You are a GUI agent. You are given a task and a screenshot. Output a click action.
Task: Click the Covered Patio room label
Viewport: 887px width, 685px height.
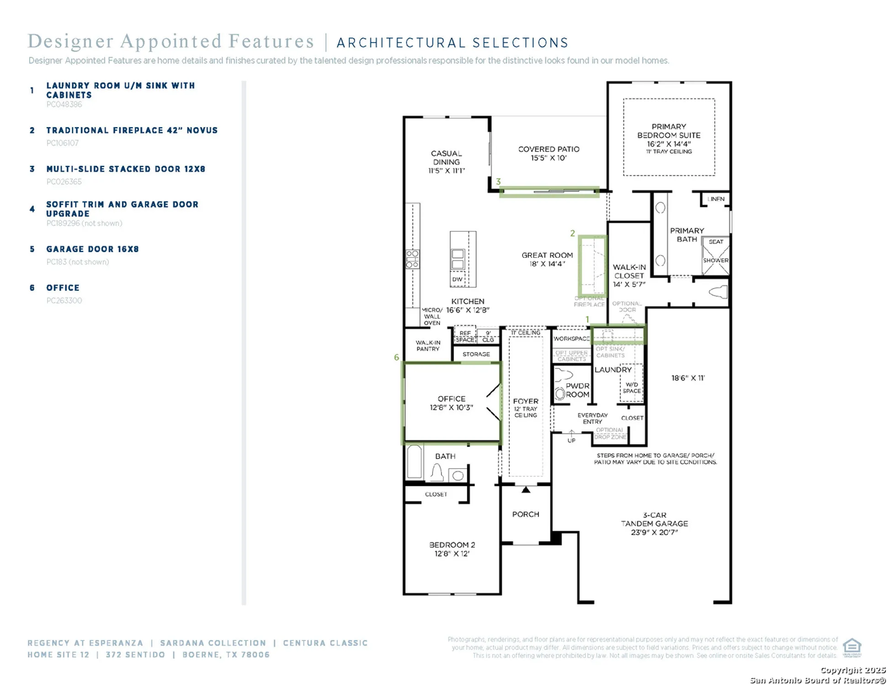[x=548, y=153]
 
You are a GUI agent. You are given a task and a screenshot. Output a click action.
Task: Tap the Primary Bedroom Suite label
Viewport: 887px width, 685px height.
[x=668, y=135]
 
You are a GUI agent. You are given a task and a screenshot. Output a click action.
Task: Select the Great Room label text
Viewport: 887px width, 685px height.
[x=547, y=259]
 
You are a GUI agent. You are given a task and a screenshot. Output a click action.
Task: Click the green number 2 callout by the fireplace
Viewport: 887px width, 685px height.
[x=572, y=233]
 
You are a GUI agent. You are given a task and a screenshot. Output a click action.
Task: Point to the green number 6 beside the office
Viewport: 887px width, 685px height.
[x=396, y=357]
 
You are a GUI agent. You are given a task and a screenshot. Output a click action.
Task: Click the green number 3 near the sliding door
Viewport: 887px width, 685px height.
[x=498, y=181]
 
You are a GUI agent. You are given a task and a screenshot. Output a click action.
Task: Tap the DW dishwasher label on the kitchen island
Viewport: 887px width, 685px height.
[x=457, y=279]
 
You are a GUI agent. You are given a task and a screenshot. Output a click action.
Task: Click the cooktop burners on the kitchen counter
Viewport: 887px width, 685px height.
[x=412, y=259]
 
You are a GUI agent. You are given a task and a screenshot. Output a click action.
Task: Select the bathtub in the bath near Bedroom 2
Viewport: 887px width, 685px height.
[x=415, y=462]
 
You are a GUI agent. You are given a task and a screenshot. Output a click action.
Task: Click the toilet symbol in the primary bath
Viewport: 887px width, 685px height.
[x=718, y=291]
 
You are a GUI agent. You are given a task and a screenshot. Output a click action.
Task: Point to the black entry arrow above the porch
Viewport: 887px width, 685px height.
[x=526, y=490]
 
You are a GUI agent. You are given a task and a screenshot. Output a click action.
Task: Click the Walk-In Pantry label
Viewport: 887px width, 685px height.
[x=428, y=346]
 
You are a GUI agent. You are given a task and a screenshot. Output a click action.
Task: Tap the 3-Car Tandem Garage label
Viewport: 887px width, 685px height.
[x=654, y=523]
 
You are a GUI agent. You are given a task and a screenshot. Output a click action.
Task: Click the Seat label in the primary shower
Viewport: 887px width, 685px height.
[x=716, y=242]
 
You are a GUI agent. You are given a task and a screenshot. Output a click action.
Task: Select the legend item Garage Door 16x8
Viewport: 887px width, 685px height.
[x=92, y=249]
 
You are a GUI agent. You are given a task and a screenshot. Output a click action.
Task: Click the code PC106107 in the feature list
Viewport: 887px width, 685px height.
[x=63, y=143]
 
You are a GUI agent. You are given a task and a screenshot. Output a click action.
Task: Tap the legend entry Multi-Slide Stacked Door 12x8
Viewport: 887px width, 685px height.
[x=126, y=169]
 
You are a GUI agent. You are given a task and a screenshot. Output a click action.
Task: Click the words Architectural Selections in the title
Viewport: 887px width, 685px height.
[x=452, y=43]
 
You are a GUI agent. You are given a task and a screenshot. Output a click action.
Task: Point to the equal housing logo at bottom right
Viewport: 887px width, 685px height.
[x=851, y=647]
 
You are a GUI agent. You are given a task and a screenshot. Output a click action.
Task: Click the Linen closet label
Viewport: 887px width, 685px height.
[x=716, y=199]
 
